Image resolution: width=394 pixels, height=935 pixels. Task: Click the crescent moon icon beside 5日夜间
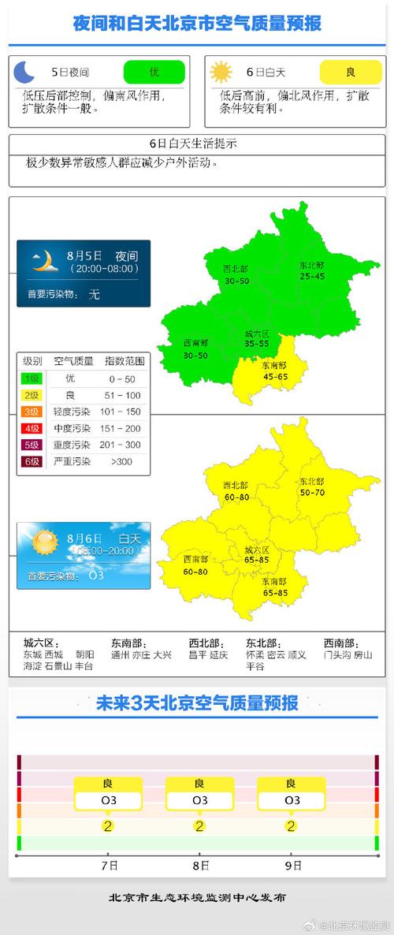(x=25, y=73)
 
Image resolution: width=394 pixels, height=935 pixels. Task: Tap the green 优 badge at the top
(x=154, y=72)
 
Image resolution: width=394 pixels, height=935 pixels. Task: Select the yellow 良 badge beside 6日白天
(x=350, y=72)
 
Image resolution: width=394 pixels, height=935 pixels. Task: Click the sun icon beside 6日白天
(x=221, y=73)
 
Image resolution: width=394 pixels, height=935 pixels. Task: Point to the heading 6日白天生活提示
(x=193, y=143)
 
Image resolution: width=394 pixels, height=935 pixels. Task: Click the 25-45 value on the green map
(x=311, y=276)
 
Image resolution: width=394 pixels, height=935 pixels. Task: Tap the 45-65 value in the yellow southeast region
(x=274, y=376)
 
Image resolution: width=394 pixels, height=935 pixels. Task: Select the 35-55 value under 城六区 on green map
(x=257, y=344)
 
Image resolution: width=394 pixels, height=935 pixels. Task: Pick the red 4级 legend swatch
(x=32, y=428)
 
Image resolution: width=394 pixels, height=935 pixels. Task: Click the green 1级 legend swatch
(x=32, y=378)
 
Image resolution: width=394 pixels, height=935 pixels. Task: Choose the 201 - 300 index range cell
(x=125, y=445)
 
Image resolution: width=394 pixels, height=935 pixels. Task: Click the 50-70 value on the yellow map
(x=311, y=492)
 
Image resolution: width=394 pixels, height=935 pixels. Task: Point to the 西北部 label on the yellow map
(x=236, y=485)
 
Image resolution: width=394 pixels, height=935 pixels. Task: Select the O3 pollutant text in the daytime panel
(x=96, y=576)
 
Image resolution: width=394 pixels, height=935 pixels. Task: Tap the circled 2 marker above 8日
(x=199, y=826)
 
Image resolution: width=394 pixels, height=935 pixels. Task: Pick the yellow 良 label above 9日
(x=292, y=784)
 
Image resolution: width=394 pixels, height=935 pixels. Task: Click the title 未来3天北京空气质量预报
(x=197, y=703)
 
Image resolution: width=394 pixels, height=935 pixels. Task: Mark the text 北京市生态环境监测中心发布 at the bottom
(x=197, y=897)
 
